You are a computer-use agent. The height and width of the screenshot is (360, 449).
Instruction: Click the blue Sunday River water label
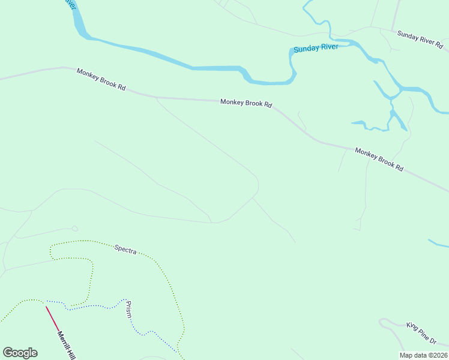(316, 47)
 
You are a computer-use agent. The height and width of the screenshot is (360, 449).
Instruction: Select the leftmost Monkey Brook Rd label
(101, 79)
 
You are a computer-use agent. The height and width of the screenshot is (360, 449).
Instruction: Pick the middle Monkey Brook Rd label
(246, 103)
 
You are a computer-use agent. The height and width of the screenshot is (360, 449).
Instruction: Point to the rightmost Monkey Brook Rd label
(379, 160)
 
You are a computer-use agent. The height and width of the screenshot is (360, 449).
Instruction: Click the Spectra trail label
(125, 249)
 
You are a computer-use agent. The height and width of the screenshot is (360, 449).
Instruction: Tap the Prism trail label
(128, 310)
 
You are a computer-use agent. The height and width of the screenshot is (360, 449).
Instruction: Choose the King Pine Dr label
(421, 334)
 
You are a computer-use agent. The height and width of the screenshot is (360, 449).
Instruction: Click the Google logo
(20, 353)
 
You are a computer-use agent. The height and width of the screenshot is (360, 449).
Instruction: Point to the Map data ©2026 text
(423, 355)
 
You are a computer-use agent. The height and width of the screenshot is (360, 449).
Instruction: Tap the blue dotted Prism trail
(90, 307)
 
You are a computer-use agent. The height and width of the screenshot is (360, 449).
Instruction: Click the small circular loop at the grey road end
(74, 229)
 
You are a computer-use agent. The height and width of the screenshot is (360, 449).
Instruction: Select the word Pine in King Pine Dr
(421, 334)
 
